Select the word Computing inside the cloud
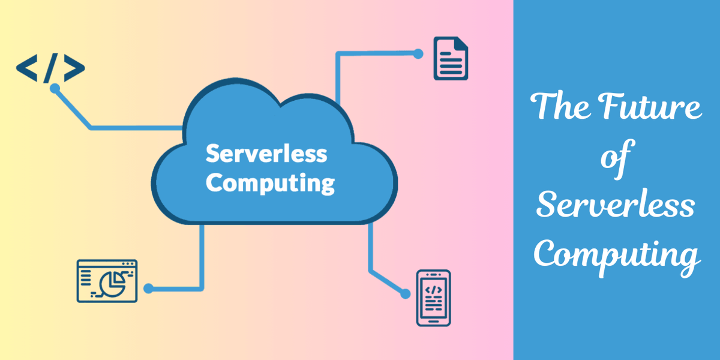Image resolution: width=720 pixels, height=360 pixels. pyautogui.click(x=270, y=183)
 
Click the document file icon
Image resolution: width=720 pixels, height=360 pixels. pyautogui.click(x=451, y=58)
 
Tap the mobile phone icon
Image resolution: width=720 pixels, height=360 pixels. pyautogui.click(x=433, y=298)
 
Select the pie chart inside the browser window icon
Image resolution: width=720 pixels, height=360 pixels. pyautogui.click(x=112, y=282)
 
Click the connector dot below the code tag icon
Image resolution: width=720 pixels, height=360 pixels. pyautogui.click(x=55, y=88)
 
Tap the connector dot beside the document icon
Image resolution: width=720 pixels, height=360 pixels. pyautogui.click(x=418, y=53)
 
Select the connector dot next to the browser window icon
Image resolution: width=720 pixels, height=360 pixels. pyautogui.click(x=149, y=289)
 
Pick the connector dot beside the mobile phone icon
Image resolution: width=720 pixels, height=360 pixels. pyautogui.click(x=406, y=294)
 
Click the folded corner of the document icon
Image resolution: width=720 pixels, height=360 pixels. pyautogui.click(x=461, y=44)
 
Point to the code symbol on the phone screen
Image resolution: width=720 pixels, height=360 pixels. pyautogui.click(x=433, y=289)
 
